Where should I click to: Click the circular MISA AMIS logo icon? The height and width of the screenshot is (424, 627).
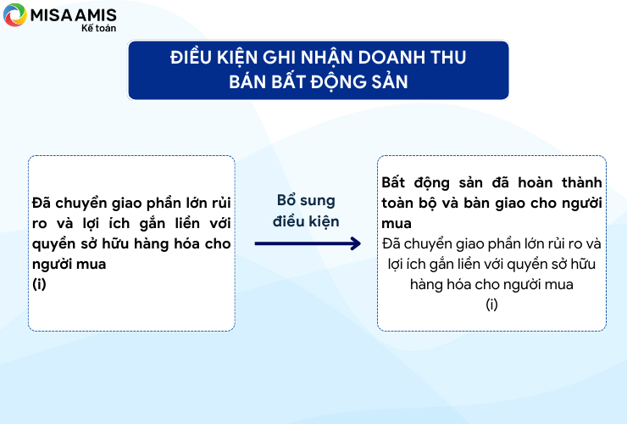click(x=14, y=14)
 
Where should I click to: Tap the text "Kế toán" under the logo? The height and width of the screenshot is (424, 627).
click(x=98, y=28)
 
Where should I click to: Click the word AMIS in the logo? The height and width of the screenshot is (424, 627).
click(x=96, y=15)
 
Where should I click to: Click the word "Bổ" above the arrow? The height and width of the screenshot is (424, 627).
click(x=286, y=199)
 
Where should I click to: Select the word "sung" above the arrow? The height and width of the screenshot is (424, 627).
click(x=318, y=201)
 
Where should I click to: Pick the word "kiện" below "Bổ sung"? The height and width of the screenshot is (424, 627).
click(x=324, y=222)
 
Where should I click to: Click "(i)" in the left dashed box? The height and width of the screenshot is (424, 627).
click(x=39, y=284)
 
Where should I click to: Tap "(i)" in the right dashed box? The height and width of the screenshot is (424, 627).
click(x=491, y=304)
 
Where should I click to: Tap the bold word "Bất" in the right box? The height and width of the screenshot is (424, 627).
click(x=393, y=182)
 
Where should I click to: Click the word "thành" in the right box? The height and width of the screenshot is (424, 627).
click(x=582, y=182)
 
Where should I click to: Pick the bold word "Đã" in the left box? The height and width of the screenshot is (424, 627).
click(x=42, y=202)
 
